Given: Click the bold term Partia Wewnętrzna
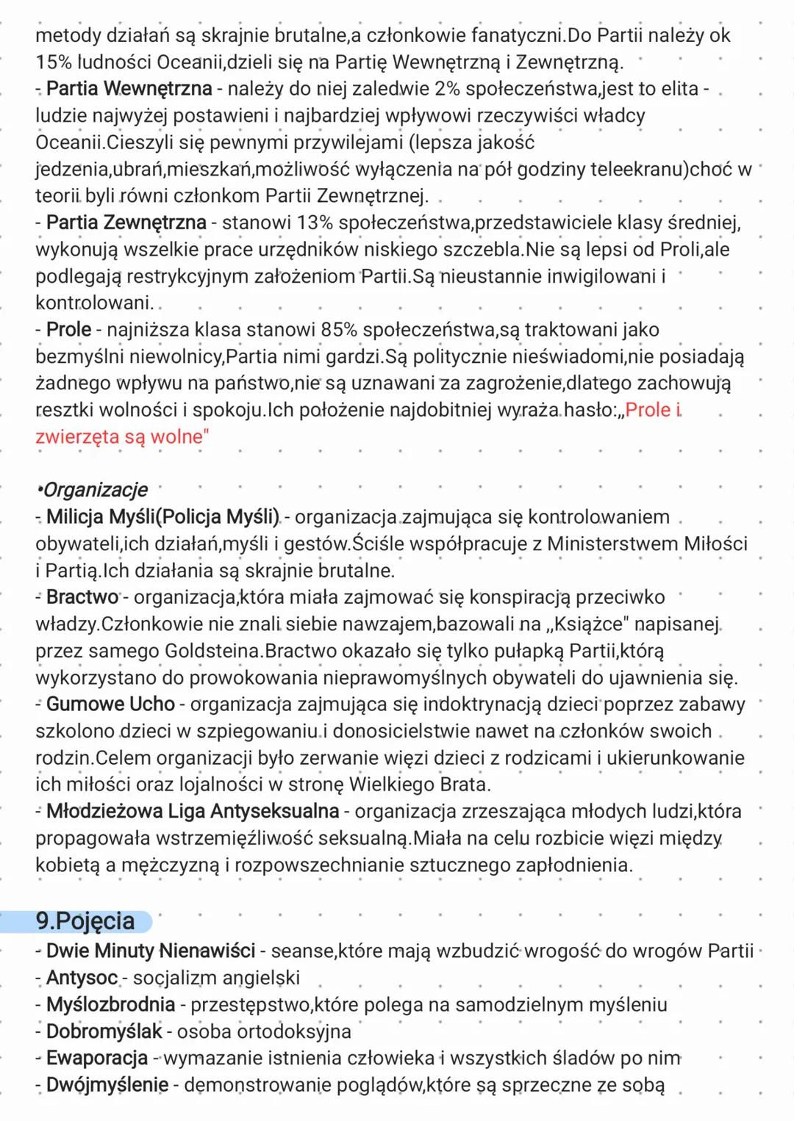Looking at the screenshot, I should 129,89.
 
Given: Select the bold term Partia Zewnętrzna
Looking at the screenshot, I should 126,223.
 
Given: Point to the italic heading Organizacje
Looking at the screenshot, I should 94,490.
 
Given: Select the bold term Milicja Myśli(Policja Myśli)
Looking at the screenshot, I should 162,517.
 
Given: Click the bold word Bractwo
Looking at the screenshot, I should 82,597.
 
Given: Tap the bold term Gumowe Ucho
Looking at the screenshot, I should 110,704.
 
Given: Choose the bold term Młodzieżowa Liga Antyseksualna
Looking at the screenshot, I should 192,812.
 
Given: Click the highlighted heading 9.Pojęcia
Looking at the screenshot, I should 85,921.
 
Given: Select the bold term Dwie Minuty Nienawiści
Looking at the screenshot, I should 150,951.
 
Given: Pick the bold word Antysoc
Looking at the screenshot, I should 82,978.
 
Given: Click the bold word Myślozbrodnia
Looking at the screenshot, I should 110,1005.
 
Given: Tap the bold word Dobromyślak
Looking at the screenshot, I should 104,1032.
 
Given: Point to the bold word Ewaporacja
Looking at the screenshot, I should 97,1059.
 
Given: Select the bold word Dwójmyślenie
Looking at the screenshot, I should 107,1085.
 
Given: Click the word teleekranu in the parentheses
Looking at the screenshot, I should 636,170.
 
